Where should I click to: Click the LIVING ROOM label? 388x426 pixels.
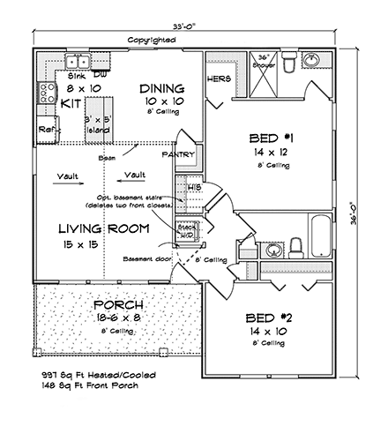click(103, 229)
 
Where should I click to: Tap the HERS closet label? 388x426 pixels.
click(220, 78)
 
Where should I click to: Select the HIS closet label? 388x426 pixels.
click(195, 188)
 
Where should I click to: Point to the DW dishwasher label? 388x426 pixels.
click(100, 76)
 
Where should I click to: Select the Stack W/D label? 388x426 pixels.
click(187, 230)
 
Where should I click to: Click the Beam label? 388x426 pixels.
click(108, 158)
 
